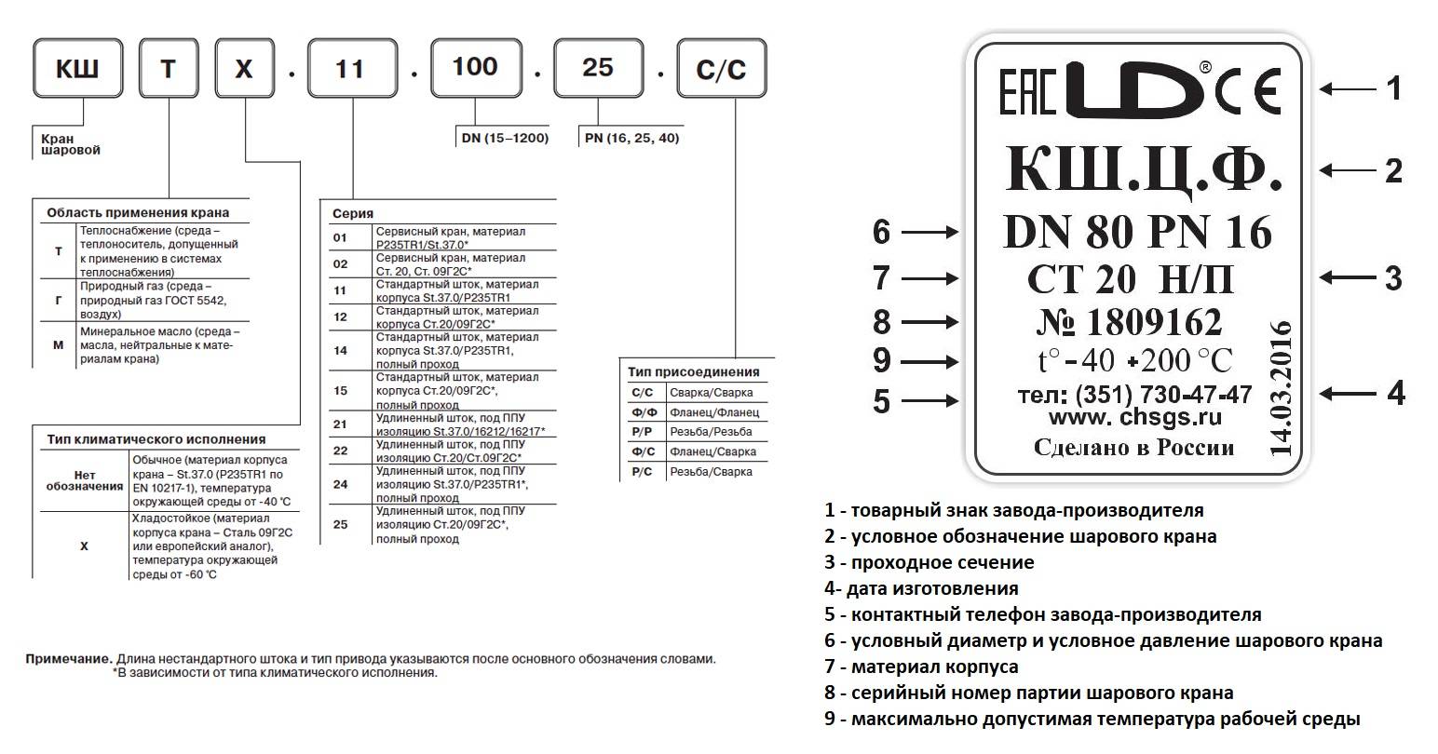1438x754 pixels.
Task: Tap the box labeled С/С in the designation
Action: (x=721, y=70)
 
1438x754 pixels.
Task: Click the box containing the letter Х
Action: (x=244, y=69)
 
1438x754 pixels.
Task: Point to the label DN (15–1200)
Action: (x=504, y=138)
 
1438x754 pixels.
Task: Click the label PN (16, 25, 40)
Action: (x=631, y=138)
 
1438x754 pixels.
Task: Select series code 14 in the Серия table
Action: (x=340, y=350)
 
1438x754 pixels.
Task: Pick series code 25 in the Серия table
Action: (x=340, y=524)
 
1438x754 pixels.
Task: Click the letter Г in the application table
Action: (x=59, y=301)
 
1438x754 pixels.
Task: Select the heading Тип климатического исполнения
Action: (x=156, y=439)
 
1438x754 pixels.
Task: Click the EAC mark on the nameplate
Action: (x=1027, y=90)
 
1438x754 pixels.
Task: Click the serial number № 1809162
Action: (x=1129, y=322)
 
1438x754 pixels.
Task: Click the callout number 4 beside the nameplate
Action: (x=1395, y=394)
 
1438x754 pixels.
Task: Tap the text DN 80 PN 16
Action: (x=1137, y=232)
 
